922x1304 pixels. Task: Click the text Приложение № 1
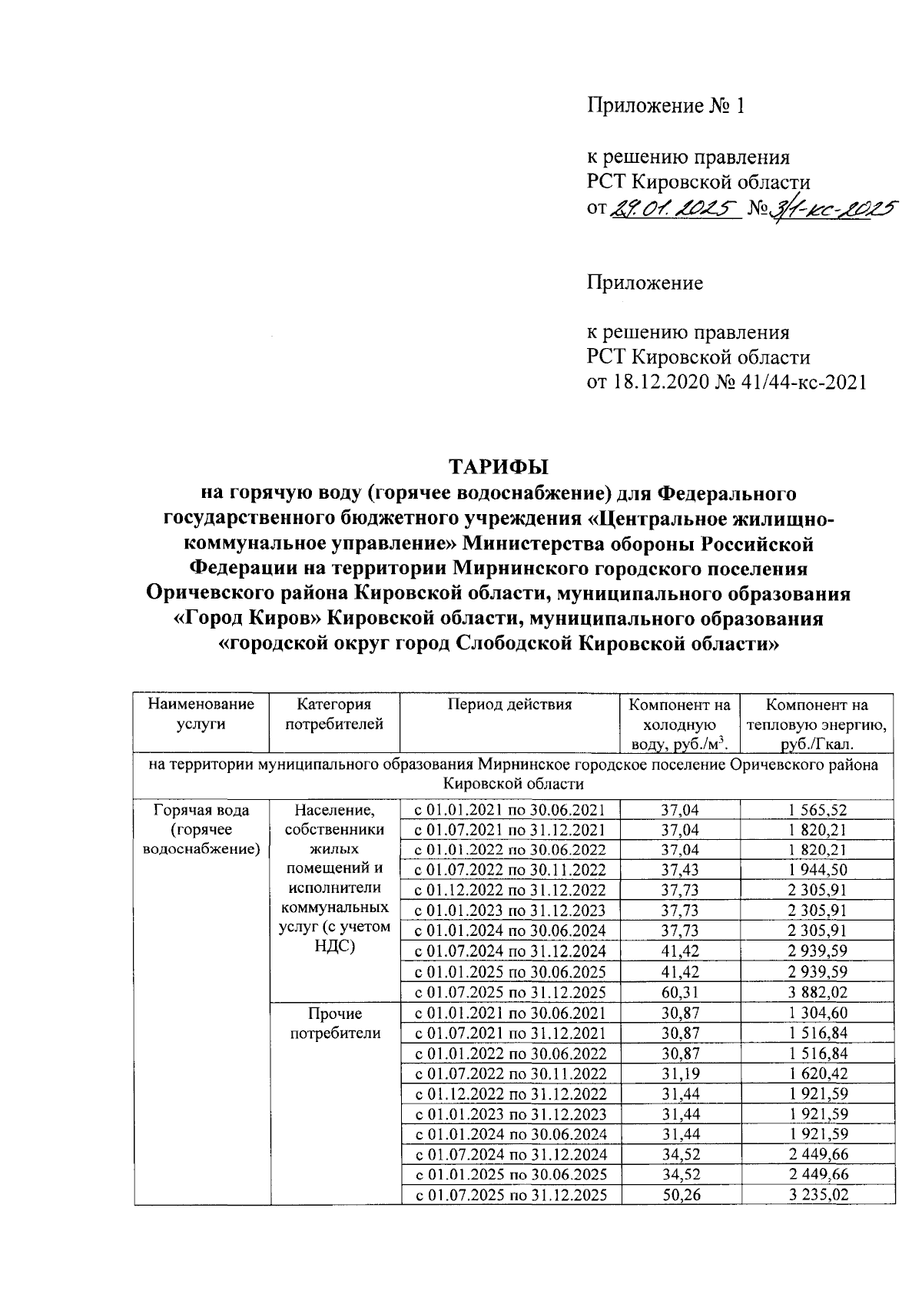666,105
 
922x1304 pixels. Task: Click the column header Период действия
510,705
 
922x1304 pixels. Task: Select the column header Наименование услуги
201,714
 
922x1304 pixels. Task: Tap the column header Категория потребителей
334,714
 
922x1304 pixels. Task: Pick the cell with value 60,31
680,992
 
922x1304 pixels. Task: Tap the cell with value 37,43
680,871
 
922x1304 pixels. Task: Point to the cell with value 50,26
680,1195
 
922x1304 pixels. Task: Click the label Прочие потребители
335,1024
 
